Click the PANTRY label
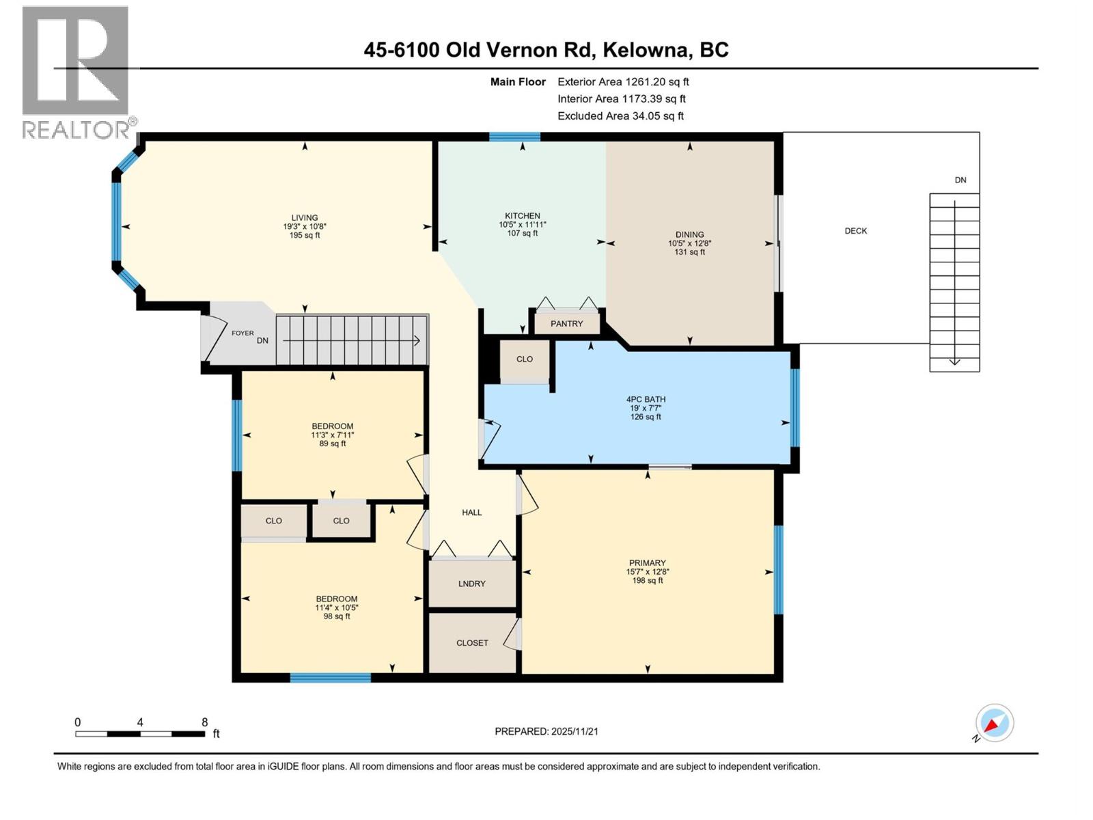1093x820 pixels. pyautogui.click(x=566, y=323)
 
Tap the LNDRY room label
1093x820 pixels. pyautogui.click(x=471, y=584)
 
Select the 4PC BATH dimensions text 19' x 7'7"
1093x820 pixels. pyautogui.click(x=646, y=408)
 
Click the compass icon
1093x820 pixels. pyautogui.click(x=994, y=723)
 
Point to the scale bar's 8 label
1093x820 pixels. pyautogui.click(x=204, y=722)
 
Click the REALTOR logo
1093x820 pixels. pyautogui.click(x=76, y=72)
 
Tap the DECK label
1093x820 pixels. pyautogui.click(x=855, y=231)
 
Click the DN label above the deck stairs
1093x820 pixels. pyautogui.click(x=960, y=180)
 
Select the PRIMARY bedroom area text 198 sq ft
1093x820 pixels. pyautogui.click(x=647, y=581)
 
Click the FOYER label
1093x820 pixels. pyautogui.click(x=243, y=333)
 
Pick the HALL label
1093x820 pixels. pyautogui.click(x=471, y=512)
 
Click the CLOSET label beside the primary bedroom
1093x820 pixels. pyautogui.click(x=472, y=643)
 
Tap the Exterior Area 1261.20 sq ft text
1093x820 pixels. pyautogui.click(x=623, y=81)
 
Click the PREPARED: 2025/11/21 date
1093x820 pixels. pyautogui.click(x=546, y=731)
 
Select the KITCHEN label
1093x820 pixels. pyautogui.click(x=523, y=216)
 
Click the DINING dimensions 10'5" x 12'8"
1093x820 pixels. pyautogui.click(x=690, y=243)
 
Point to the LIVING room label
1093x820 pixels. pyautogui.click(x=305, y=218)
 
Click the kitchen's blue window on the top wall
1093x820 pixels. pyautogui.click(x=514, y=137)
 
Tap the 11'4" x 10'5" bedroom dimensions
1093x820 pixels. pyautogui.click(x=337, y=607)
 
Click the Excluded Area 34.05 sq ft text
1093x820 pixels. pyautogui.click(x=620, y=116)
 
